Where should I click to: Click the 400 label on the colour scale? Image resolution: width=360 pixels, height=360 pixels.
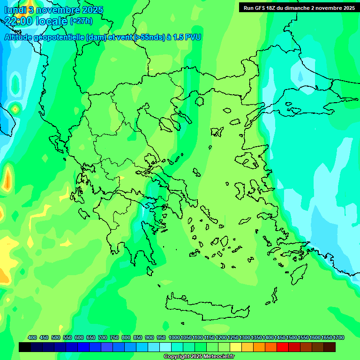(x=32, y=337)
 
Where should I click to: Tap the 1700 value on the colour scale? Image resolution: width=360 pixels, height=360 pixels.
(x=338, y=337)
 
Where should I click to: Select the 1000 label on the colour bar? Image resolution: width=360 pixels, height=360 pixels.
(x=174, y=337)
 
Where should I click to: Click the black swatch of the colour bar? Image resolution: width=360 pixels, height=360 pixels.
(x=25, y=347)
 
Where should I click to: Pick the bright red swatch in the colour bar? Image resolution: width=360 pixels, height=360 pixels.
(x=283, y=347)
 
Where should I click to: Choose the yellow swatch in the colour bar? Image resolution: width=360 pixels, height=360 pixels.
(x=236, y=347)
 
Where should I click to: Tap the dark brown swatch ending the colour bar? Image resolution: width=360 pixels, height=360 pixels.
(x=330, y=347)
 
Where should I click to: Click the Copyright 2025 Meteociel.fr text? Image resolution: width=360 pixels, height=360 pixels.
(x=199, y=357)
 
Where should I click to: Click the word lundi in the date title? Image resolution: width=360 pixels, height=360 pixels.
(x=15, y=10)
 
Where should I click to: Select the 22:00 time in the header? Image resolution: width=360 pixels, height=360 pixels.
(x=18, y=21)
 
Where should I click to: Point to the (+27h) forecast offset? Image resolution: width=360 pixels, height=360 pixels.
(x=81, y=21)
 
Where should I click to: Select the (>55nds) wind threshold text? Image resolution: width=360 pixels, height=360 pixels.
(x=149, y=37)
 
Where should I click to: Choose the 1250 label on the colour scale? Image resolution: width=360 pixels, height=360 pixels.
(x=233, y=337)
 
